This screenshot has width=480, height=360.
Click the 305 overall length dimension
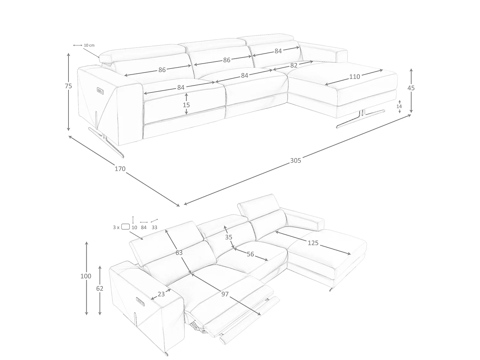295,160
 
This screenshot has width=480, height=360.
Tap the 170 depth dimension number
120,169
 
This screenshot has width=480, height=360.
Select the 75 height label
68,86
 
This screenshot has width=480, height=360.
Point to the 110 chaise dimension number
355,77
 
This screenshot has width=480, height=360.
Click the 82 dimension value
294,65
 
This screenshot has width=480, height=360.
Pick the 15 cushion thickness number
186,105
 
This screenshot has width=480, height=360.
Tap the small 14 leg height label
399,107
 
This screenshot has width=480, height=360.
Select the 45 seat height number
411,88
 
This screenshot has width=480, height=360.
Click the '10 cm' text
89,45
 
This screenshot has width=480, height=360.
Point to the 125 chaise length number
313,243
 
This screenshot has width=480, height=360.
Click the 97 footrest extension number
225,294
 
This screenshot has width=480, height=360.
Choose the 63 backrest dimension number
179,253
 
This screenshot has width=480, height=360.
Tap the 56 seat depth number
250,254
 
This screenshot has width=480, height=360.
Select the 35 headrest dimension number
229,237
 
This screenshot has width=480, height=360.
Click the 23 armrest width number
161,294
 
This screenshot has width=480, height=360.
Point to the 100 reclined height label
86,276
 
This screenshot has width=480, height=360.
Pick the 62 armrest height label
100,289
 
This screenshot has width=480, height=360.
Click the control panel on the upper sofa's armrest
100,91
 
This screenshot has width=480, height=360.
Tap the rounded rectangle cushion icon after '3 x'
125,227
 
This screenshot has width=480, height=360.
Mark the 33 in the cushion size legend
154,227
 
